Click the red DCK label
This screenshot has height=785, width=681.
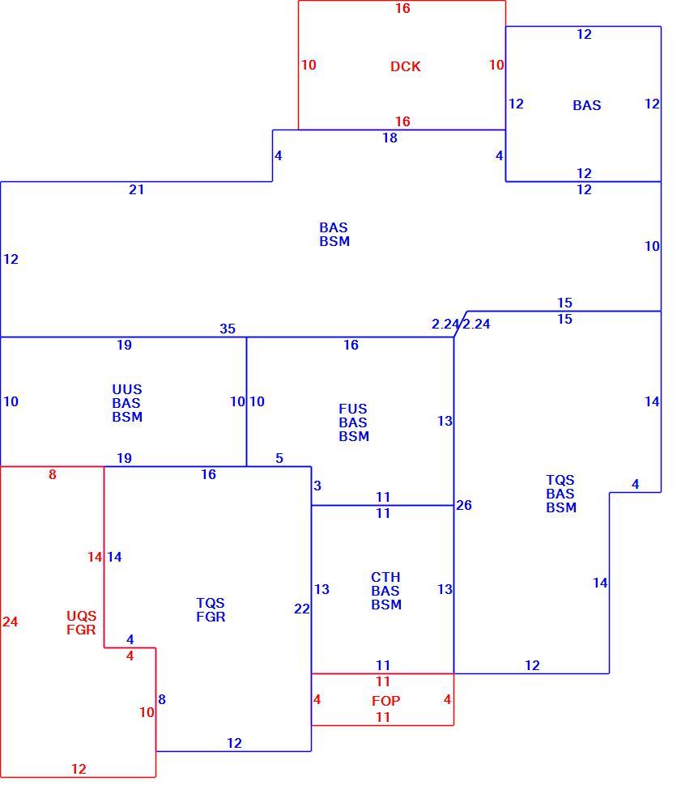pyautogui.click(x=406, y=66)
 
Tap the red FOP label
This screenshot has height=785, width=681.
pyautogui.click(x=386, y=701)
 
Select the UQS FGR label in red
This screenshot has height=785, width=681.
pyautogui.click(x=81, y=622)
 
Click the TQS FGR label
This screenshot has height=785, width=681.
pyautogui.click(x=211, y=609)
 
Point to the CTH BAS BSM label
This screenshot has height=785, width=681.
pyautogui.click(x=386, y=591)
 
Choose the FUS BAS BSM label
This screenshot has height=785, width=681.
pyautogui.click(x=354, y=422)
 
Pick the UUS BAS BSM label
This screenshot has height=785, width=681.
pyautogui.click(x=127, y=403)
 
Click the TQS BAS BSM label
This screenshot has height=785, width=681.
pyautogui.click(x=560, y=494)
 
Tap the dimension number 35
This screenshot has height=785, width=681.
pyautogui.click(x=228, y=329)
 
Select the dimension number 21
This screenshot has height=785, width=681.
pyautogui.click(x=136, y=189)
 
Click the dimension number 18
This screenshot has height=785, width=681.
pyautogui.click(x=389, y=138)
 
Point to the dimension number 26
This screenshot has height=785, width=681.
pyautogui.click(x=464, y=505)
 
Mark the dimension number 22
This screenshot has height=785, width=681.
pyautogui.click(x=302, y=609)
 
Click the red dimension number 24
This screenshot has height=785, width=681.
pyautogui.click(x=10, y=622)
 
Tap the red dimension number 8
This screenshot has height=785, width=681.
pyautogui.click(x=52, y=474)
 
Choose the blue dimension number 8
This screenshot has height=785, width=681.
pyautogui.click(x=162, y=699)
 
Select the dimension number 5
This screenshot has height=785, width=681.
pyautogui.click(x=279, y=458)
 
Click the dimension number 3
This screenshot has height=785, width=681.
pyautogui.click(x=317, y=486)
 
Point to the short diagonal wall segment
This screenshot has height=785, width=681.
pyautogui.click(x=461, y=324)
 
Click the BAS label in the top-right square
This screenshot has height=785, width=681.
pyautogui.click(x=587, y=105)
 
